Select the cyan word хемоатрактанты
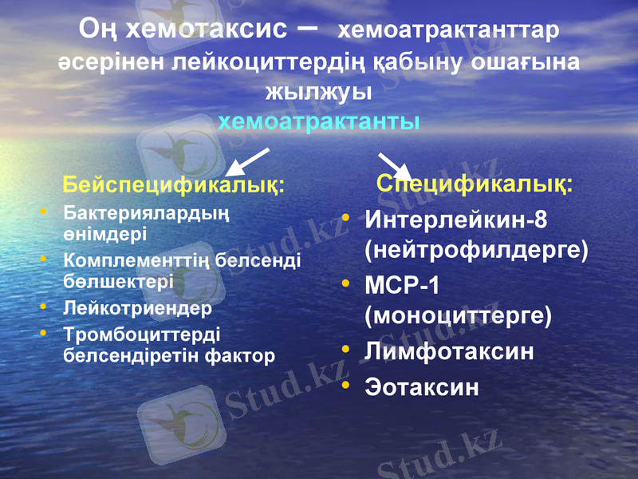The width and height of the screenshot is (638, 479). point(319,122)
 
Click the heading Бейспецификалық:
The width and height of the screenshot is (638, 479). point(174,186)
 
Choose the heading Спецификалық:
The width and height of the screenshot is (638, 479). point(475,184)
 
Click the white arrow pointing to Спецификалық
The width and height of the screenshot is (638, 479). point(392,166)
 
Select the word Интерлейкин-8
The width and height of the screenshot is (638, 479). point(455,219)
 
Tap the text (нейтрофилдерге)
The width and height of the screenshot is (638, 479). point(476,250)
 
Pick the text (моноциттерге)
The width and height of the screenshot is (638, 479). point(458,315)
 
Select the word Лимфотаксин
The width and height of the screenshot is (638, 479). point(449,351)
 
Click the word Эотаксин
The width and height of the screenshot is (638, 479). point(422,387)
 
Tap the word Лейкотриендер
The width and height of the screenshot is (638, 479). point(137,307)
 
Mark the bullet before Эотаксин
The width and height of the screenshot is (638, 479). point(345,386)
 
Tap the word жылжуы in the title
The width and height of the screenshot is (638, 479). point(319,91)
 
